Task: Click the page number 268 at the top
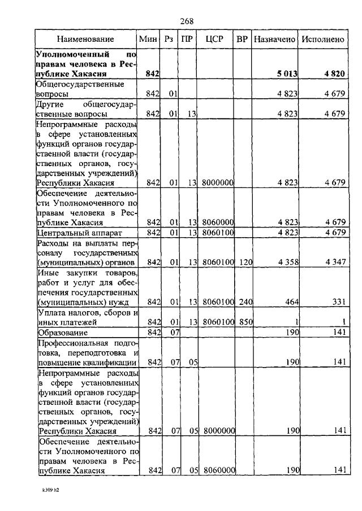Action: (187, 21)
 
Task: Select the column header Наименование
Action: (85, 40)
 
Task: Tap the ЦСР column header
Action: (214, 40)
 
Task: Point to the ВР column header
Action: (242, 40)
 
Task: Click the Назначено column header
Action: (274, 40)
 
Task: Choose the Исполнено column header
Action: (322, 40)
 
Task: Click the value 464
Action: (291, 302)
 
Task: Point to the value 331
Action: (338, 302)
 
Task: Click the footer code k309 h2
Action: (50, 491)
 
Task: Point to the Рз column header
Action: (169, 40)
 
